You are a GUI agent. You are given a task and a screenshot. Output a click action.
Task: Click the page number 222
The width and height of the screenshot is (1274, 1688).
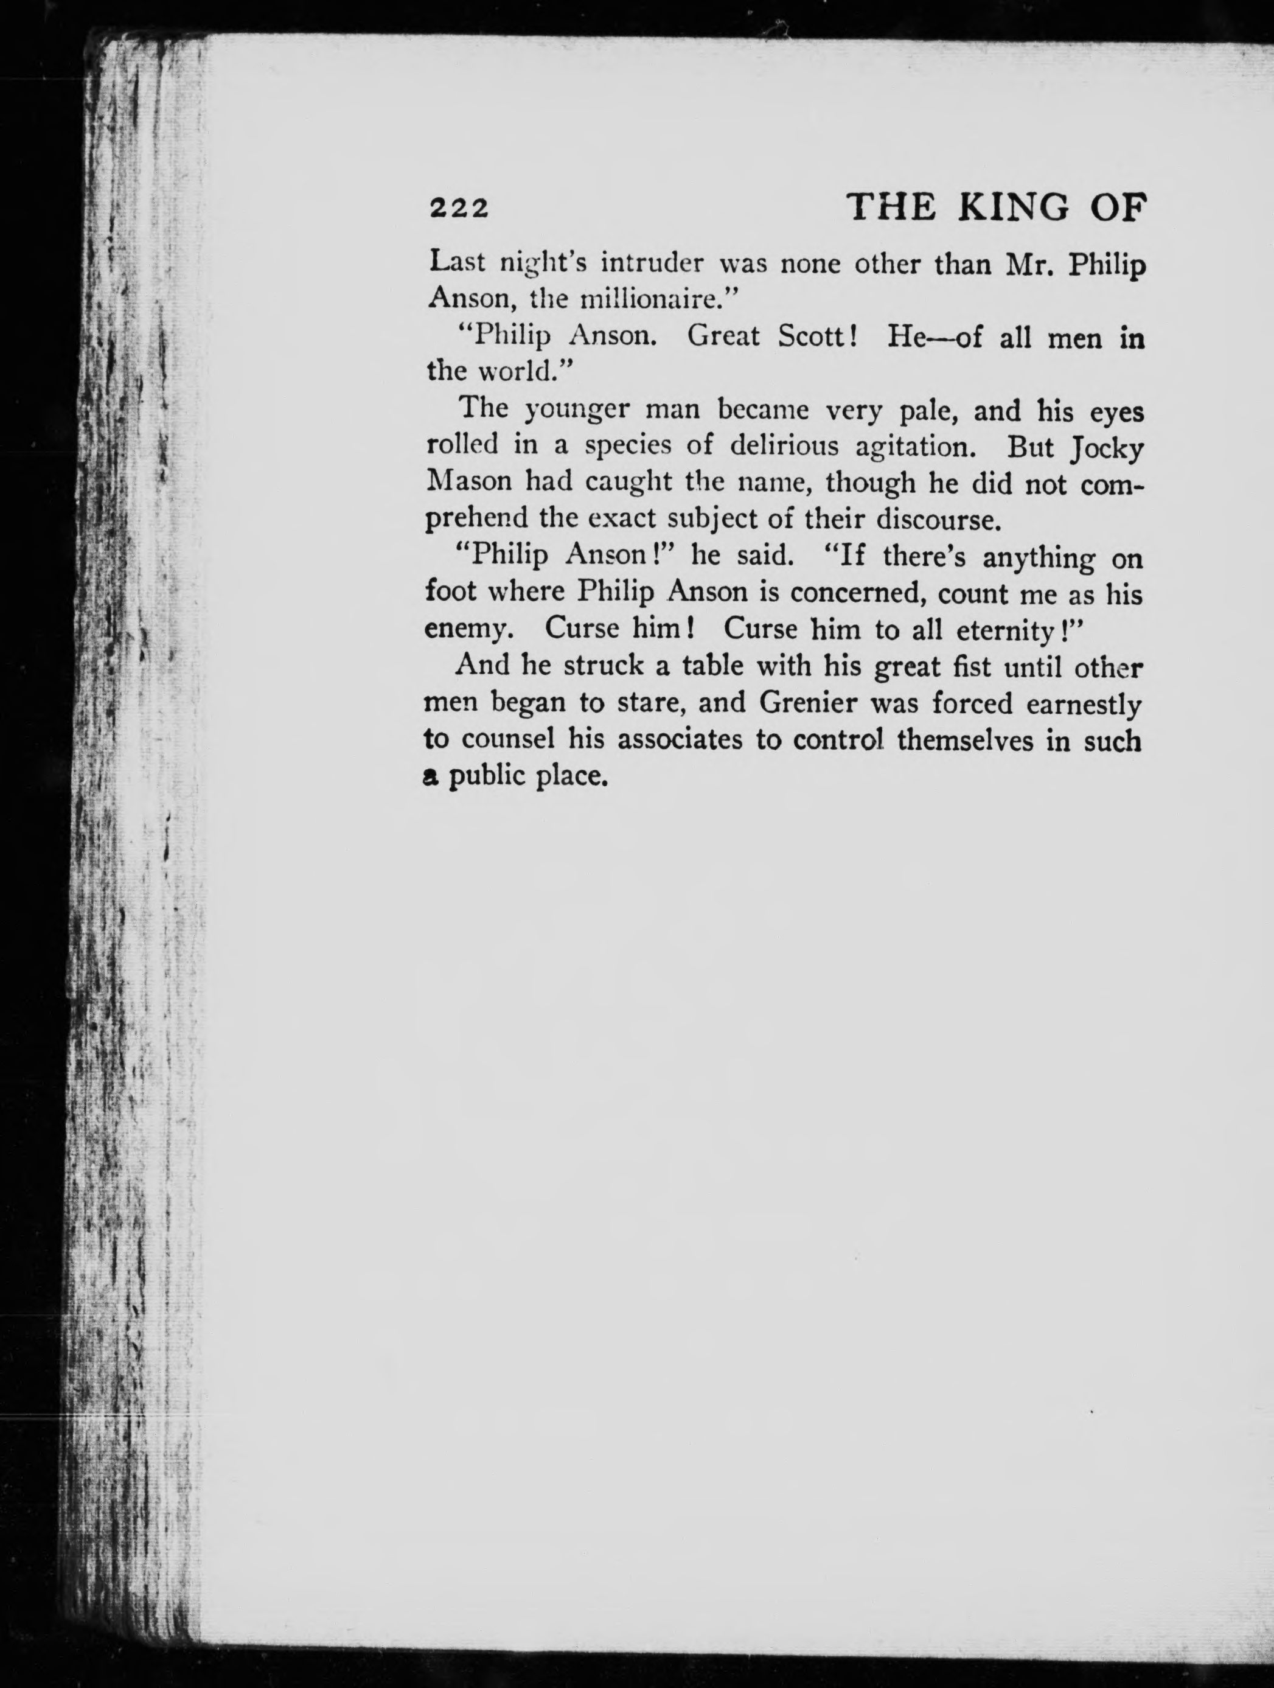459,208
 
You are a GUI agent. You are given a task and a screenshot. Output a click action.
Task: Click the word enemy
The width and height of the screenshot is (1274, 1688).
466,630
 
